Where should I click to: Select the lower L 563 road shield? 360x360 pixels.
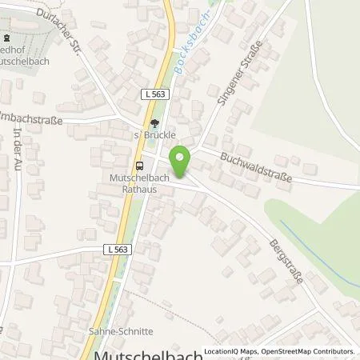[117, 250]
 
